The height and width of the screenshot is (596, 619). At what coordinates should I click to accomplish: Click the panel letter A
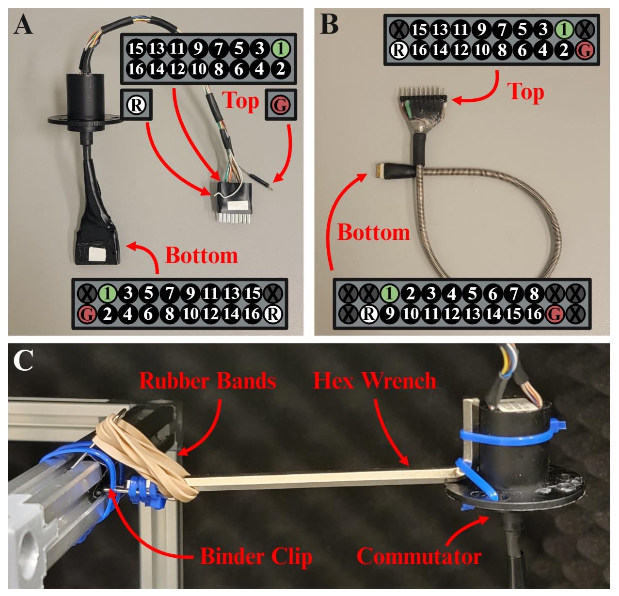coord(23,24)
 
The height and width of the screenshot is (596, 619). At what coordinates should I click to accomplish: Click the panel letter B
coord(329,24)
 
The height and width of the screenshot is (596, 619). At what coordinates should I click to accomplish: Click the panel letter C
coord(23,361)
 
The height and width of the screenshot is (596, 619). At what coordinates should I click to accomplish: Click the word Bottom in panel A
coord(202,255)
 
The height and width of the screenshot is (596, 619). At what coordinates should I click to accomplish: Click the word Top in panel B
coord(525,92)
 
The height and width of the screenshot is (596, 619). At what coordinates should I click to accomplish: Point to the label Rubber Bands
coord(207,381)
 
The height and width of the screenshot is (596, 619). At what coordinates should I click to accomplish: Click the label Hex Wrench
coord(375,381)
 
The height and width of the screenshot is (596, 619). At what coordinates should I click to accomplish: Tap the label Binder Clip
coord(256,557)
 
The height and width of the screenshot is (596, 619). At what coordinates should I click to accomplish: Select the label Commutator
coord(419,557)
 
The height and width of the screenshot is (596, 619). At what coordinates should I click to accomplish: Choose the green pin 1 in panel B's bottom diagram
coord(390,293)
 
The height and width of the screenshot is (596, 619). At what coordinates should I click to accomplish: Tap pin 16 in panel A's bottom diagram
coord(252,314)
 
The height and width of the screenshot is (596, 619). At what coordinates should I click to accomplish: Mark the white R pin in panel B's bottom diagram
coord(369,314)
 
